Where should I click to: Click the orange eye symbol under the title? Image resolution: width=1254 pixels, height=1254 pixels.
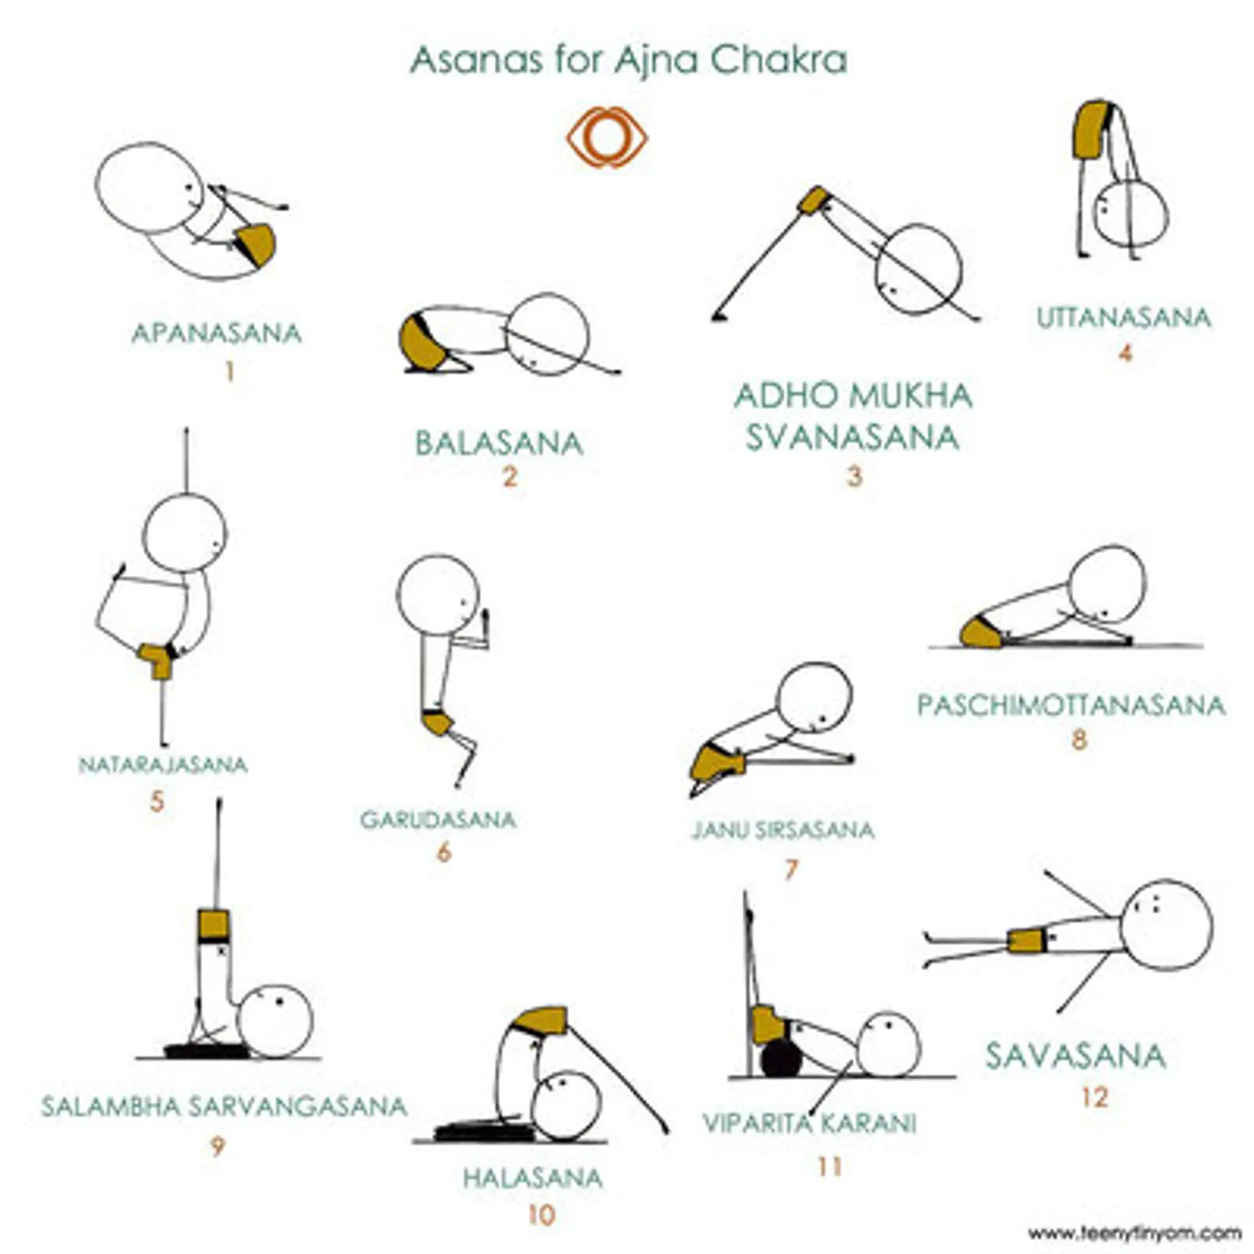(x=607, y=138)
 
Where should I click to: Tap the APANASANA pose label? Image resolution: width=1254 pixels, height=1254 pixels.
(x=217, y=334)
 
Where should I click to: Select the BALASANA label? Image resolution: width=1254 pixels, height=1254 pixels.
(x=499, y=444)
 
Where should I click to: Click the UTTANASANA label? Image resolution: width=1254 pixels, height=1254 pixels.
(x=1124, y=318)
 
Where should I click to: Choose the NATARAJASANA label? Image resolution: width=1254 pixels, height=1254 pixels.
(x=163, y=765)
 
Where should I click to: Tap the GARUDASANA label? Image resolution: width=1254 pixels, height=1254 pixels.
(x=438, y=820)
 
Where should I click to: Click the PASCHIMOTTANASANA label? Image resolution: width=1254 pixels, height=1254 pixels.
(x=1071, y=705)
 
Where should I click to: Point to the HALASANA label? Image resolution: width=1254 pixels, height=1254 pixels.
(x=532, y=1178)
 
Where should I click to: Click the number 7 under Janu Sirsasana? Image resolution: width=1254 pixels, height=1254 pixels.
(x=790, y=869)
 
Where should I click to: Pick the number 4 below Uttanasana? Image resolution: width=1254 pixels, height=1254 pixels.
(x=1125, y=354)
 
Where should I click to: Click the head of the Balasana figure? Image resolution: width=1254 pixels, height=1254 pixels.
(x=547, y=334)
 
